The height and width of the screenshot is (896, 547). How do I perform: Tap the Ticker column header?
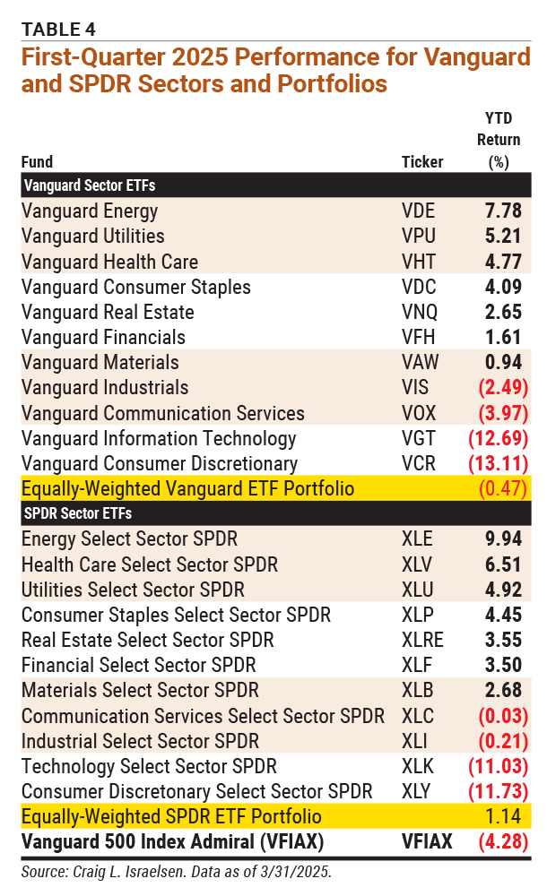422,162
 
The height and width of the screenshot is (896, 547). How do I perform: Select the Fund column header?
37,162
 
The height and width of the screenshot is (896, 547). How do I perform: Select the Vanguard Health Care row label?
109,262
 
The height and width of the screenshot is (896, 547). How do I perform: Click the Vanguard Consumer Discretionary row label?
160,464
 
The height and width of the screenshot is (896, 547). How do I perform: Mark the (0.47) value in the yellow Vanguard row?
504,489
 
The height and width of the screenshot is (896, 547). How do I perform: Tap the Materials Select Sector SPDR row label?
140,691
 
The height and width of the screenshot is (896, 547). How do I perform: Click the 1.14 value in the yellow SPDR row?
507,817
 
